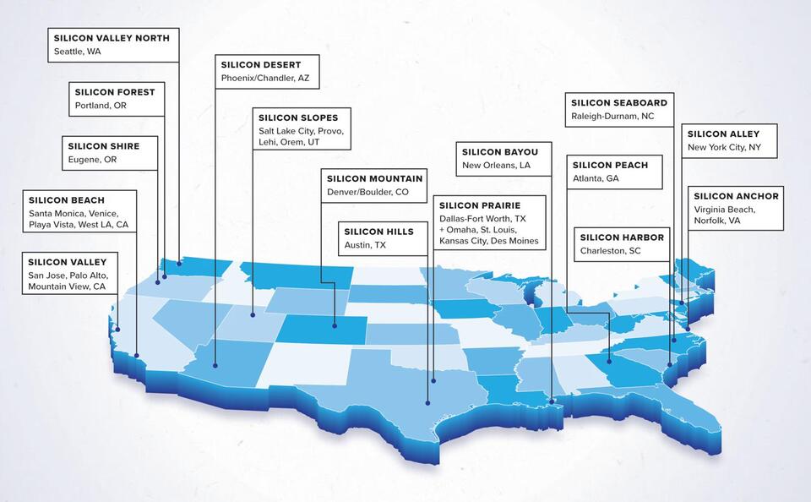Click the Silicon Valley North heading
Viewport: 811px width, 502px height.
tap(112, 38)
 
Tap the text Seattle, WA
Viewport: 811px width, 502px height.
tap(76, 52)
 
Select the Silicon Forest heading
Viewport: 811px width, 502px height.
tap(115, 91)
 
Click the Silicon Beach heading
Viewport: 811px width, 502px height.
tap(67, 200)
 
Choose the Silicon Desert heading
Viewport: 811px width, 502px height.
tap(260, 64)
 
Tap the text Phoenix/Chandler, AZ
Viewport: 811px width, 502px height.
tap(265, 78)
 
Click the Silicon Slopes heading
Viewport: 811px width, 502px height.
tap(298, 117)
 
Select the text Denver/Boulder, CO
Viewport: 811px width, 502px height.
tap(367, 192)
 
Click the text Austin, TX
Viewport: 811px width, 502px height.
tap(364, 245)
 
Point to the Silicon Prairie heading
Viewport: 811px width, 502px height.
tap(480, 205)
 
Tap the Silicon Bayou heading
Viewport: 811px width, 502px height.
tap(500, 151)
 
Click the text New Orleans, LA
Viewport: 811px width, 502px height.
tap(496, 165)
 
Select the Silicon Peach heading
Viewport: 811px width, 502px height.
tap(610, 165)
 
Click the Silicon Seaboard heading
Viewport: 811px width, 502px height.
tap(618, 102)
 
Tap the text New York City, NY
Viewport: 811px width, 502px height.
tap(724, 147)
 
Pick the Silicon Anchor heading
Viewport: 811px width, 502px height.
tap(736, 196)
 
